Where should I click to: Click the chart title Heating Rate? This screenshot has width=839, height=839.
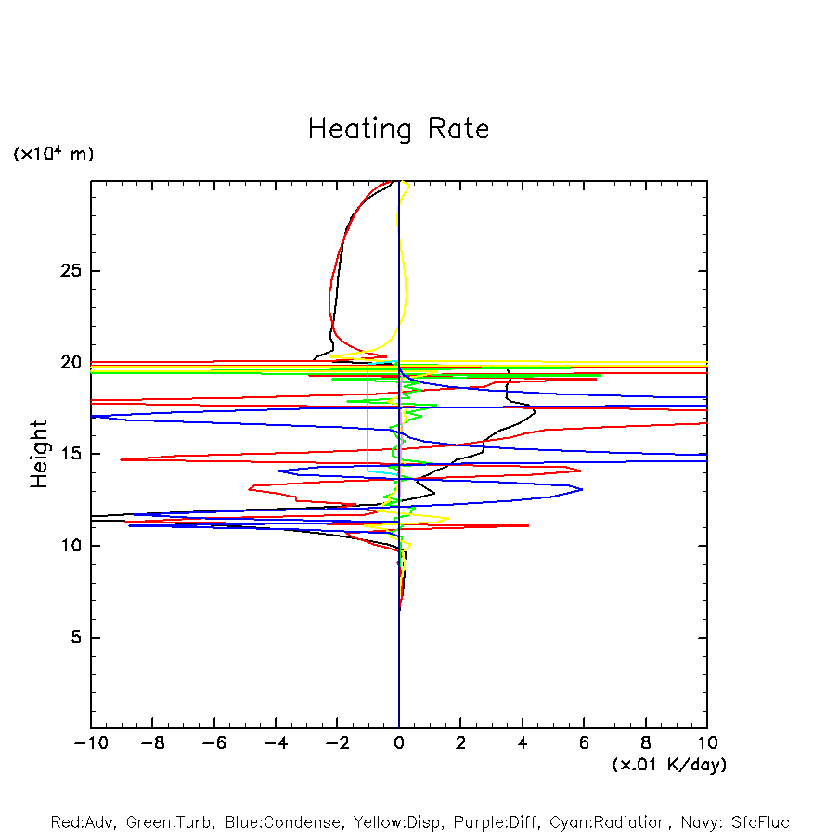(x=398, y=129)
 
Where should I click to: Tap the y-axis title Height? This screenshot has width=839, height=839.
(x=39, y=454)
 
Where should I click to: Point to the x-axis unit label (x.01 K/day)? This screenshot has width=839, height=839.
(x=668, y=765)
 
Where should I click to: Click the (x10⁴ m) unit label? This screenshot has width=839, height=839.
(x=54, y=154)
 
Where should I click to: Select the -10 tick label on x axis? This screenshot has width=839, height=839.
(x=91, y=742)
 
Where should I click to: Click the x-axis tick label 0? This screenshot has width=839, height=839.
(x=399, y=742)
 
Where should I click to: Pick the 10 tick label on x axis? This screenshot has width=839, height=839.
(x=706, y=742)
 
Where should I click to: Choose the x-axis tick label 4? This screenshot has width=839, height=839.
(x=523, y=742)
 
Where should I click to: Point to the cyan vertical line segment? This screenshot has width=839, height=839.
(x=368, y=418)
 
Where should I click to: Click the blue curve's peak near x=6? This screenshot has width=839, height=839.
(x=581, y=489)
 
